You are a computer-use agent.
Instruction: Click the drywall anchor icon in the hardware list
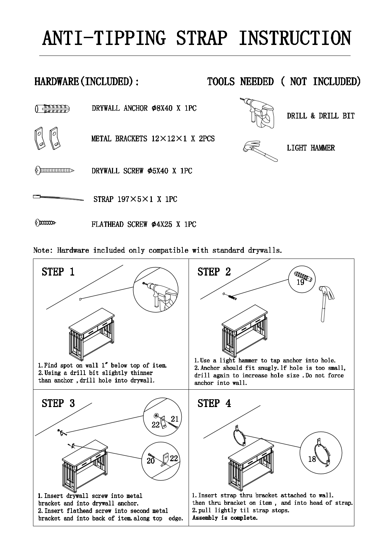click(54, 109)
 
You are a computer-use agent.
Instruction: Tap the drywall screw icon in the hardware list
click(54, 170)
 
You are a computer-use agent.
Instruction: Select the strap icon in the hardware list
click(58, 198)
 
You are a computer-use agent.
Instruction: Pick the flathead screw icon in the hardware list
click(45, 223)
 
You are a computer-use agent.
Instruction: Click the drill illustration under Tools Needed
click(257, 112)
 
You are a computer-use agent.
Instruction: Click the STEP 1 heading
click(58, 272)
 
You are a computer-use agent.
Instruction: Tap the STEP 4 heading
click(214, 403)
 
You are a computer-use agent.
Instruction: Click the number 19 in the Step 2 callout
click(300, 282)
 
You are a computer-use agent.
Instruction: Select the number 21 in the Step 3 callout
click(175, 419)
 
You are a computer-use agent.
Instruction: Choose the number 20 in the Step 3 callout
click(150, 461)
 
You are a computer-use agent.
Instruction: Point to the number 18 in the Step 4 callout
click(312, 459)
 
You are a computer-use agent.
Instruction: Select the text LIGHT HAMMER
click(311, 148)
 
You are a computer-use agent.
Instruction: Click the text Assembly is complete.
click(225, 518)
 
